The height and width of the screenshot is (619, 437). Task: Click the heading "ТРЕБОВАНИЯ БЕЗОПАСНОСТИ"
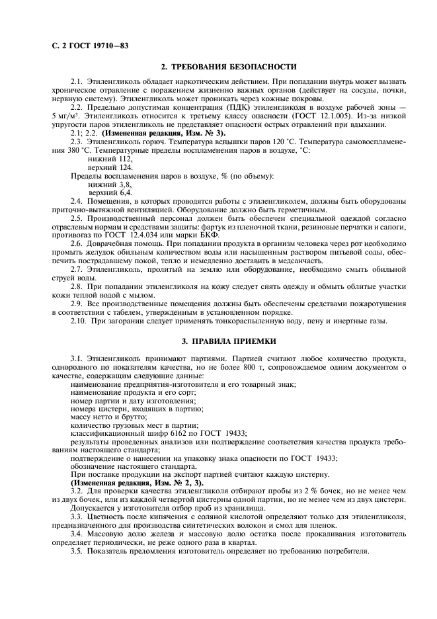229,67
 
